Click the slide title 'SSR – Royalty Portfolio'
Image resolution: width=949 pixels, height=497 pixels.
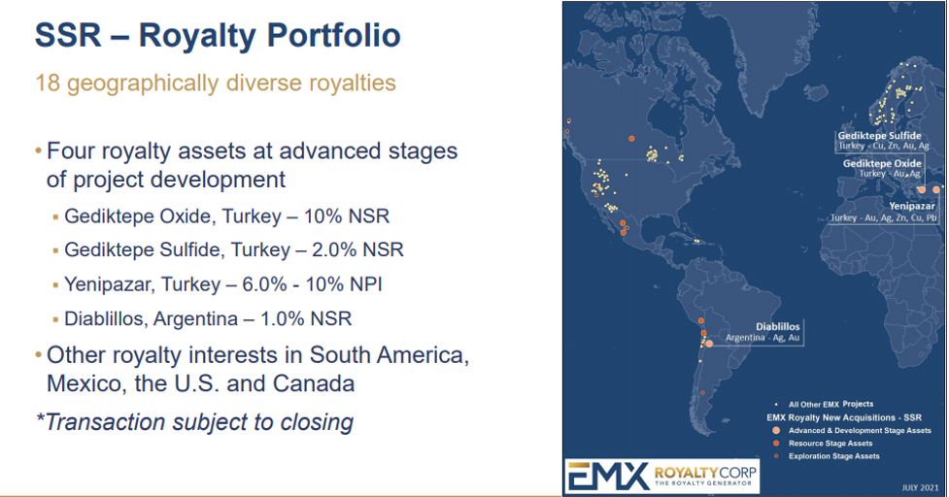(218, 35)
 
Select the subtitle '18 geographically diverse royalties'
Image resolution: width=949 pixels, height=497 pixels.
(216, 83)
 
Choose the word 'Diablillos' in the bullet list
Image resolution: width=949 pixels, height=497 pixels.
(103, 318)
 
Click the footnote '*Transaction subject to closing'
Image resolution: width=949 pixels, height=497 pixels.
(194, 422)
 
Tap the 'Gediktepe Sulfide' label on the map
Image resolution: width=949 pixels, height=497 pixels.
(879, 136)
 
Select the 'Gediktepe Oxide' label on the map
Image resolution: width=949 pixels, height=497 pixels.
(882, 163)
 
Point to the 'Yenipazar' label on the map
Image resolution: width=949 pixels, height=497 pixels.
(911, 206)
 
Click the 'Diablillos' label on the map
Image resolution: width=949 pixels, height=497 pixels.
(778, 326)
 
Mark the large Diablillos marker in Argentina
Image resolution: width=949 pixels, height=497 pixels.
(709, 344)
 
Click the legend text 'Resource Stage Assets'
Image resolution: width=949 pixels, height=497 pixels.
(830, 444)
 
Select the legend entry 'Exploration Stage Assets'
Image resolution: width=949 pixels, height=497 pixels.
(834, 456)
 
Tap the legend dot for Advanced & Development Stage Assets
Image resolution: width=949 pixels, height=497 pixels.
(776, 430)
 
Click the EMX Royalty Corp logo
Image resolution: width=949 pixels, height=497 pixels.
(662, 477)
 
